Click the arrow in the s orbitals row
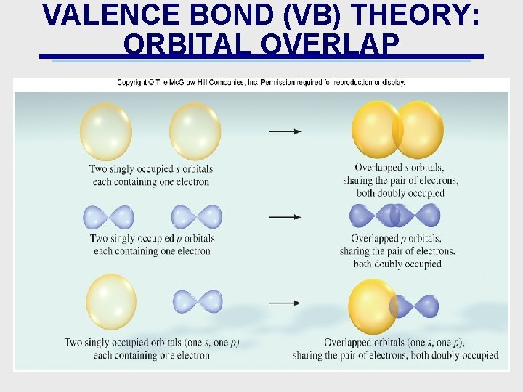click(x=285, y=131)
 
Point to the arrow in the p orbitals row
click(x=285, y=216)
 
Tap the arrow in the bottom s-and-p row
click(x=285, y=302)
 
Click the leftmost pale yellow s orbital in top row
click(x=106, y=131)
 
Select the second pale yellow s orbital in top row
click(x=195, y=131)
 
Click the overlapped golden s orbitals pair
click(x=397, y=130)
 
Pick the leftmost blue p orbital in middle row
click(x=108, y=217)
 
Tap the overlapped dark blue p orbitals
click(x=395, y=216)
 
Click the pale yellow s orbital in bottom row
click(x=111, y=301)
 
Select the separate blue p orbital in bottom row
click(x=198, y=301)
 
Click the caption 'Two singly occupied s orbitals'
click(x=151, y=169)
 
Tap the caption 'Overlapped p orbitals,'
click(x=396, y=238)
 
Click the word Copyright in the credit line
click(x=134, y=83)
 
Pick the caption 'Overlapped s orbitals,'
click(x=400, y=168)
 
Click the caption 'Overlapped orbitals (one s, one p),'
click(x=394, y=343)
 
